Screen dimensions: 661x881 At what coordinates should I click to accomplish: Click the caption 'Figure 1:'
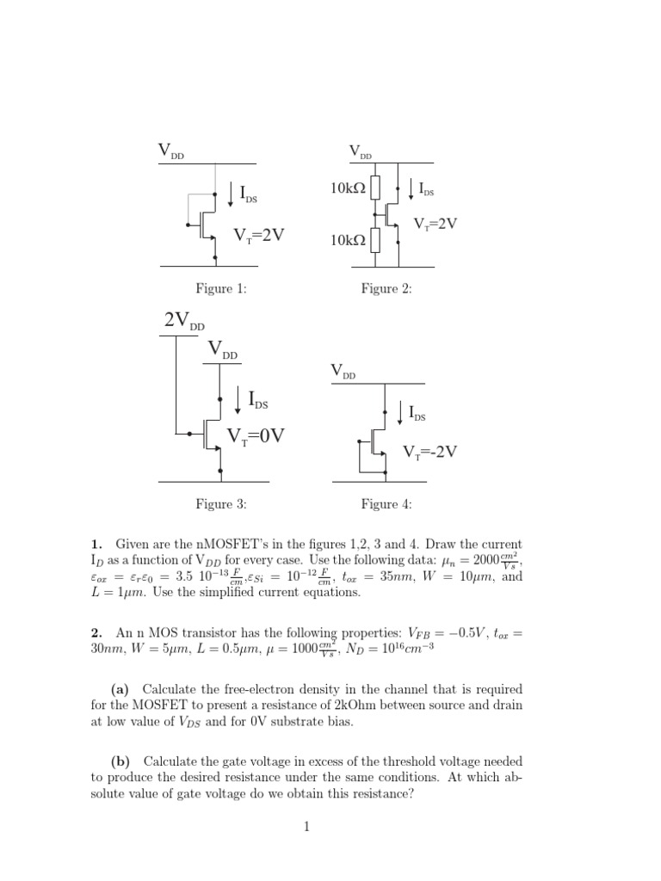(221, 289)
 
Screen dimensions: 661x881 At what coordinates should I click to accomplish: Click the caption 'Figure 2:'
(386, 289)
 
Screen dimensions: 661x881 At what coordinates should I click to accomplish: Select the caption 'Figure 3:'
(221, 504)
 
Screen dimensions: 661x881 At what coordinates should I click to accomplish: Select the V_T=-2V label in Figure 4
(430, 452)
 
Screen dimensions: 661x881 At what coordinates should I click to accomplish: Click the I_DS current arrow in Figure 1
(232, 194)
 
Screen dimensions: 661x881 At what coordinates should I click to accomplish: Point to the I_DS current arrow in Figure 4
(401, 412)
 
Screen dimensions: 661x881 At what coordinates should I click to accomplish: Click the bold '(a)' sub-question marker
(123, 690)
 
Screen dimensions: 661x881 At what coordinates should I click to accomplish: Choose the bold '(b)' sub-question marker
(123, 762)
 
